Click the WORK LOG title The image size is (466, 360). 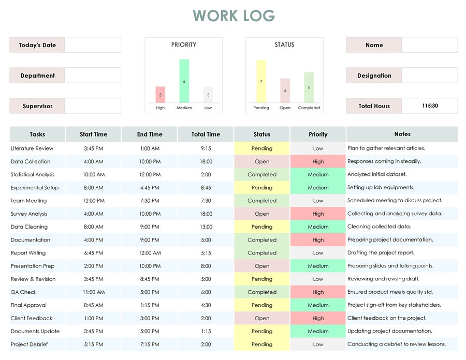click(x=234, y=16)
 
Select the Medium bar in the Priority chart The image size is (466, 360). click(x=184, y=81)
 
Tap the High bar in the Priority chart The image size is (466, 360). click(x=161, y=95)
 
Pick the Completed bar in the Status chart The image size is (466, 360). click(x=309, y=87)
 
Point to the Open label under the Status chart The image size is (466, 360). click(x=285, y=108)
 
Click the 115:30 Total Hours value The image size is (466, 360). click(x=430, y=106)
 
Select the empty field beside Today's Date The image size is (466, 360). click(x=93, y=45)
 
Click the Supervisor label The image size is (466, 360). click(x=37, y=106)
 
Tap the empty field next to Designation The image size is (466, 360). click(x=429, y=76)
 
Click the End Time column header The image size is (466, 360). click(x=150, y=134)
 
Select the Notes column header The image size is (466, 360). click(x=402, y=134)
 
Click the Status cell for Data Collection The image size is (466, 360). click(x=262, y=161)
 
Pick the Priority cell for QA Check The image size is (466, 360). click(x=318, y=292)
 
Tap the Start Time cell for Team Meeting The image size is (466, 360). click(x=94, y=201)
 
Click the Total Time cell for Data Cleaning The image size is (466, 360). click(x=206, y=227)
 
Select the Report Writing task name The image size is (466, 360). click(x=28, y=253)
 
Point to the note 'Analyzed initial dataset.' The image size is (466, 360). click(x=377, y=174)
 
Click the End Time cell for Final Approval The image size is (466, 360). click(x=150, y=305)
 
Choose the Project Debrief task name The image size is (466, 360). click(x=30, y=344)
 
